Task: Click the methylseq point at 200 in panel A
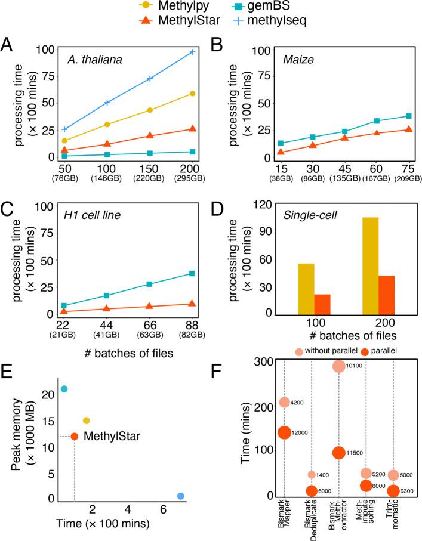tap(192, 52)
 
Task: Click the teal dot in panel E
tap(64, 389)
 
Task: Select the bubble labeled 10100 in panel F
tap(338, 366)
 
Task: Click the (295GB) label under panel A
tap(192, 178)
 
